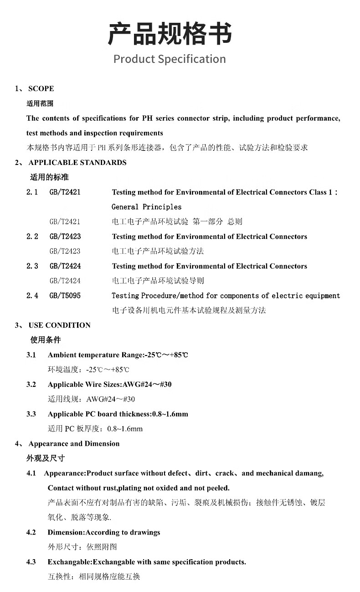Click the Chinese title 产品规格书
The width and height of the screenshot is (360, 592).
pos(170,34)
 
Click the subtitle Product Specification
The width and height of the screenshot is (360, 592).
pos(170,59)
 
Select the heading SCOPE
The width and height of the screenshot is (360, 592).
pos(41,88)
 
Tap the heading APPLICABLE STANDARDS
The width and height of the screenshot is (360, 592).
pos(77,163)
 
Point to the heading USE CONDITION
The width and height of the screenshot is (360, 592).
pos(59,325)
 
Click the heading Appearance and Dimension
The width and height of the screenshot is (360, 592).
pos(74,443)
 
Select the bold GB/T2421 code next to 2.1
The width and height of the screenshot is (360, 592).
pos(65,192)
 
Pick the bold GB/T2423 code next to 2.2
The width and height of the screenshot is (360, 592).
pos(65,237)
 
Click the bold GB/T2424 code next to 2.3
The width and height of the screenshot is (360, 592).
pos(65,266)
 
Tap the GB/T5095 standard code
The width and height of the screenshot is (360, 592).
pos(65,296)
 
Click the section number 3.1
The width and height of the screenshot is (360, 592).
pos(31,355)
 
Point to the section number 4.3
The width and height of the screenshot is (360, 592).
pos(31,562)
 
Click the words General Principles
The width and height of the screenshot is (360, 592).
pos(146,207)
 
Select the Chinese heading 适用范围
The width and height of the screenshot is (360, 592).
pos(40,103)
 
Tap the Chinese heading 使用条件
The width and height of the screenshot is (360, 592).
pos(45,340)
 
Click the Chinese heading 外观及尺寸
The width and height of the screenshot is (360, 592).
pos(45,458)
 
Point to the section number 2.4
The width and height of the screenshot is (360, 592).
pos(32,296)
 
